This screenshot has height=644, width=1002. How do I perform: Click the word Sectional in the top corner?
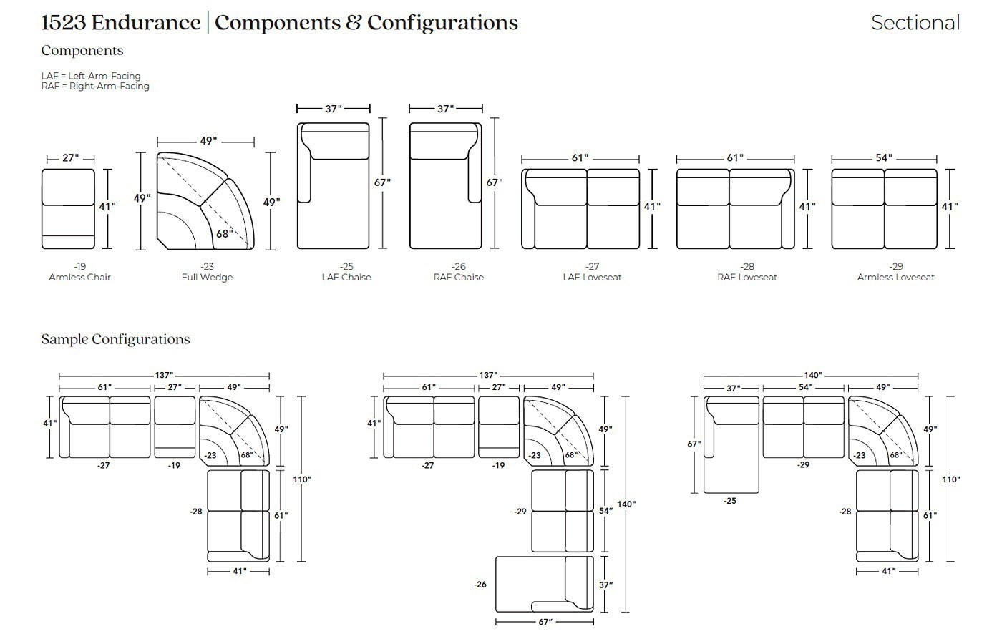pos(915,23)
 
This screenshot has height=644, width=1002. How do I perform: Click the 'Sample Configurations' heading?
pos(115,339)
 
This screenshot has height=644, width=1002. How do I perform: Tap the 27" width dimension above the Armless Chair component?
pos(71,158)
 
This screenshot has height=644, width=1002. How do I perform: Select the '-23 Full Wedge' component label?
pos(207,272)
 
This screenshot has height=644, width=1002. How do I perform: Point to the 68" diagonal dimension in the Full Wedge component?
pos(224,233)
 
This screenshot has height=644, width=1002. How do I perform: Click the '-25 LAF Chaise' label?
pos(346,272)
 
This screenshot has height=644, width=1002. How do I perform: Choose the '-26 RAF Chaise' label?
pos(459,272)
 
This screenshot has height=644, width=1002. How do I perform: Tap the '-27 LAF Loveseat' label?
pos(592,272)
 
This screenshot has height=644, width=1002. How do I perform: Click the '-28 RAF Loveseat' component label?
pos(747,272)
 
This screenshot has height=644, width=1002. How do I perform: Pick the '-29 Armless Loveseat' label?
pos(895,272)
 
